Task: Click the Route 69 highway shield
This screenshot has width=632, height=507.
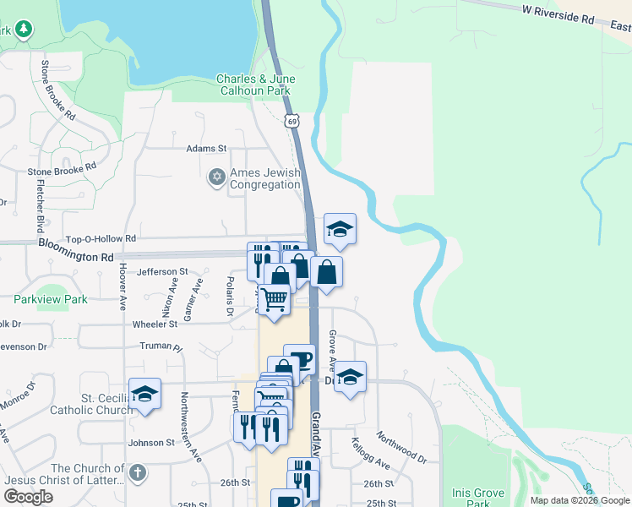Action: [292, 122]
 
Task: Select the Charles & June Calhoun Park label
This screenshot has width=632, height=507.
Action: [254, 84]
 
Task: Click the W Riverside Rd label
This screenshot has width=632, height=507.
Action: [558, 16]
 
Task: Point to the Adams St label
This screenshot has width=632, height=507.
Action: [207, 148]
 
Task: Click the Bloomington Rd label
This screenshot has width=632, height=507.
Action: [75, 250]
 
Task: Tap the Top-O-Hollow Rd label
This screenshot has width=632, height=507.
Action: [101, 239]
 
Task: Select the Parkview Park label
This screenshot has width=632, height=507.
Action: [51, 299]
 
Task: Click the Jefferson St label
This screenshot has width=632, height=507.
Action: [162, 271]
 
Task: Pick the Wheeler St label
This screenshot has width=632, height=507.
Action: [155, 324]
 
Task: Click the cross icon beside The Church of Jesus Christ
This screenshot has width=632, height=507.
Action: [139, 472]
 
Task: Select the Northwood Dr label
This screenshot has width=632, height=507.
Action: [402, 448]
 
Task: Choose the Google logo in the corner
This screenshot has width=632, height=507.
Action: [28, 497]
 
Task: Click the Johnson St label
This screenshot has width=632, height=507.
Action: [151, 442]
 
